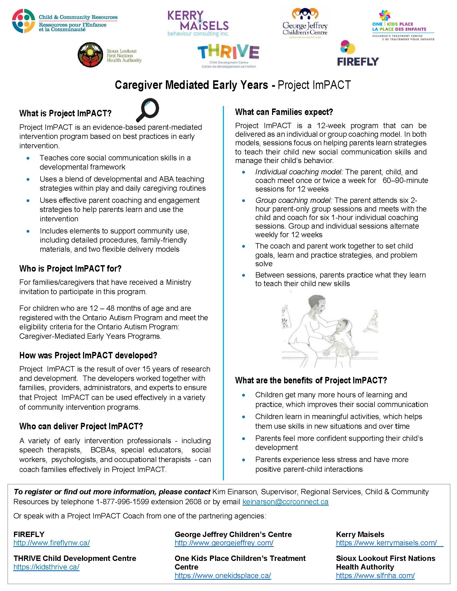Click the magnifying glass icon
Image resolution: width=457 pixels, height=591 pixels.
(x=148, y=110)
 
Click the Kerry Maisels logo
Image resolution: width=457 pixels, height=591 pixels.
(x=198, y=24)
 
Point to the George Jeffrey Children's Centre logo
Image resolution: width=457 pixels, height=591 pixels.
(x=305, y=24)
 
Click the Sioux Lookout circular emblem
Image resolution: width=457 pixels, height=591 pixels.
(x=90, y=55)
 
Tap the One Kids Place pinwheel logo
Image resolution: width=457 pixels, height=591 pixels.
(x=385, y=15)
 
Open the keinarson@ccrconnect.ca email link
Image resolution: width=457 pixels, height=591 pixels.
(x=285, y=502)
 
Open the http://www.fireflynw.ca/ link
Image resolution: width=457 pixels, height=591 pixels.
(x=51, y=543)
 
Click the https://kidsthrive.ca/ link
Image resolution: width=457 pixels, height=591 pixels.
(x=46, y=567)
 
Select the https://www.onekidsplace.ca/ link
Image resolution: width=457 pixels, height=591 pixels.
(x=223, y=576)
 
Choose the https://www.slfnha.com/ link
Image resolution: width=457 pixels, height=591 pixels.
(x=375, y=576)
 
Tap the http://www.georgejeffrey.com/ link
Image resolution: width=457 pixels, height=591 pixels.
(x=224, y=543)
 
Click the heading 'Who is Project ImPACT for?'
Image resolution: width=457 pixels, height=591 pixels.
(x=70, y=269)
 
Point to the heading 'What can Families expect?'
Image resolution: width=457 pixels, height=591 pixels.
(x=284, y=112)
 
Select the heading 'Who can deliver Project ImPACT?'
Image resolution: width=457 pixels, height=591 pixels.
(x=81, y=427)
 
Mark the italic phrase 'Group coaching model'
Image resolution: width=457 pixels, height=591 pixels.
(x=293, y=200)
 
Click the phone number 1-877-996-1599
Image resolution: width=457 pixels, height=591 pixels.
(x=122, y=502)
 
